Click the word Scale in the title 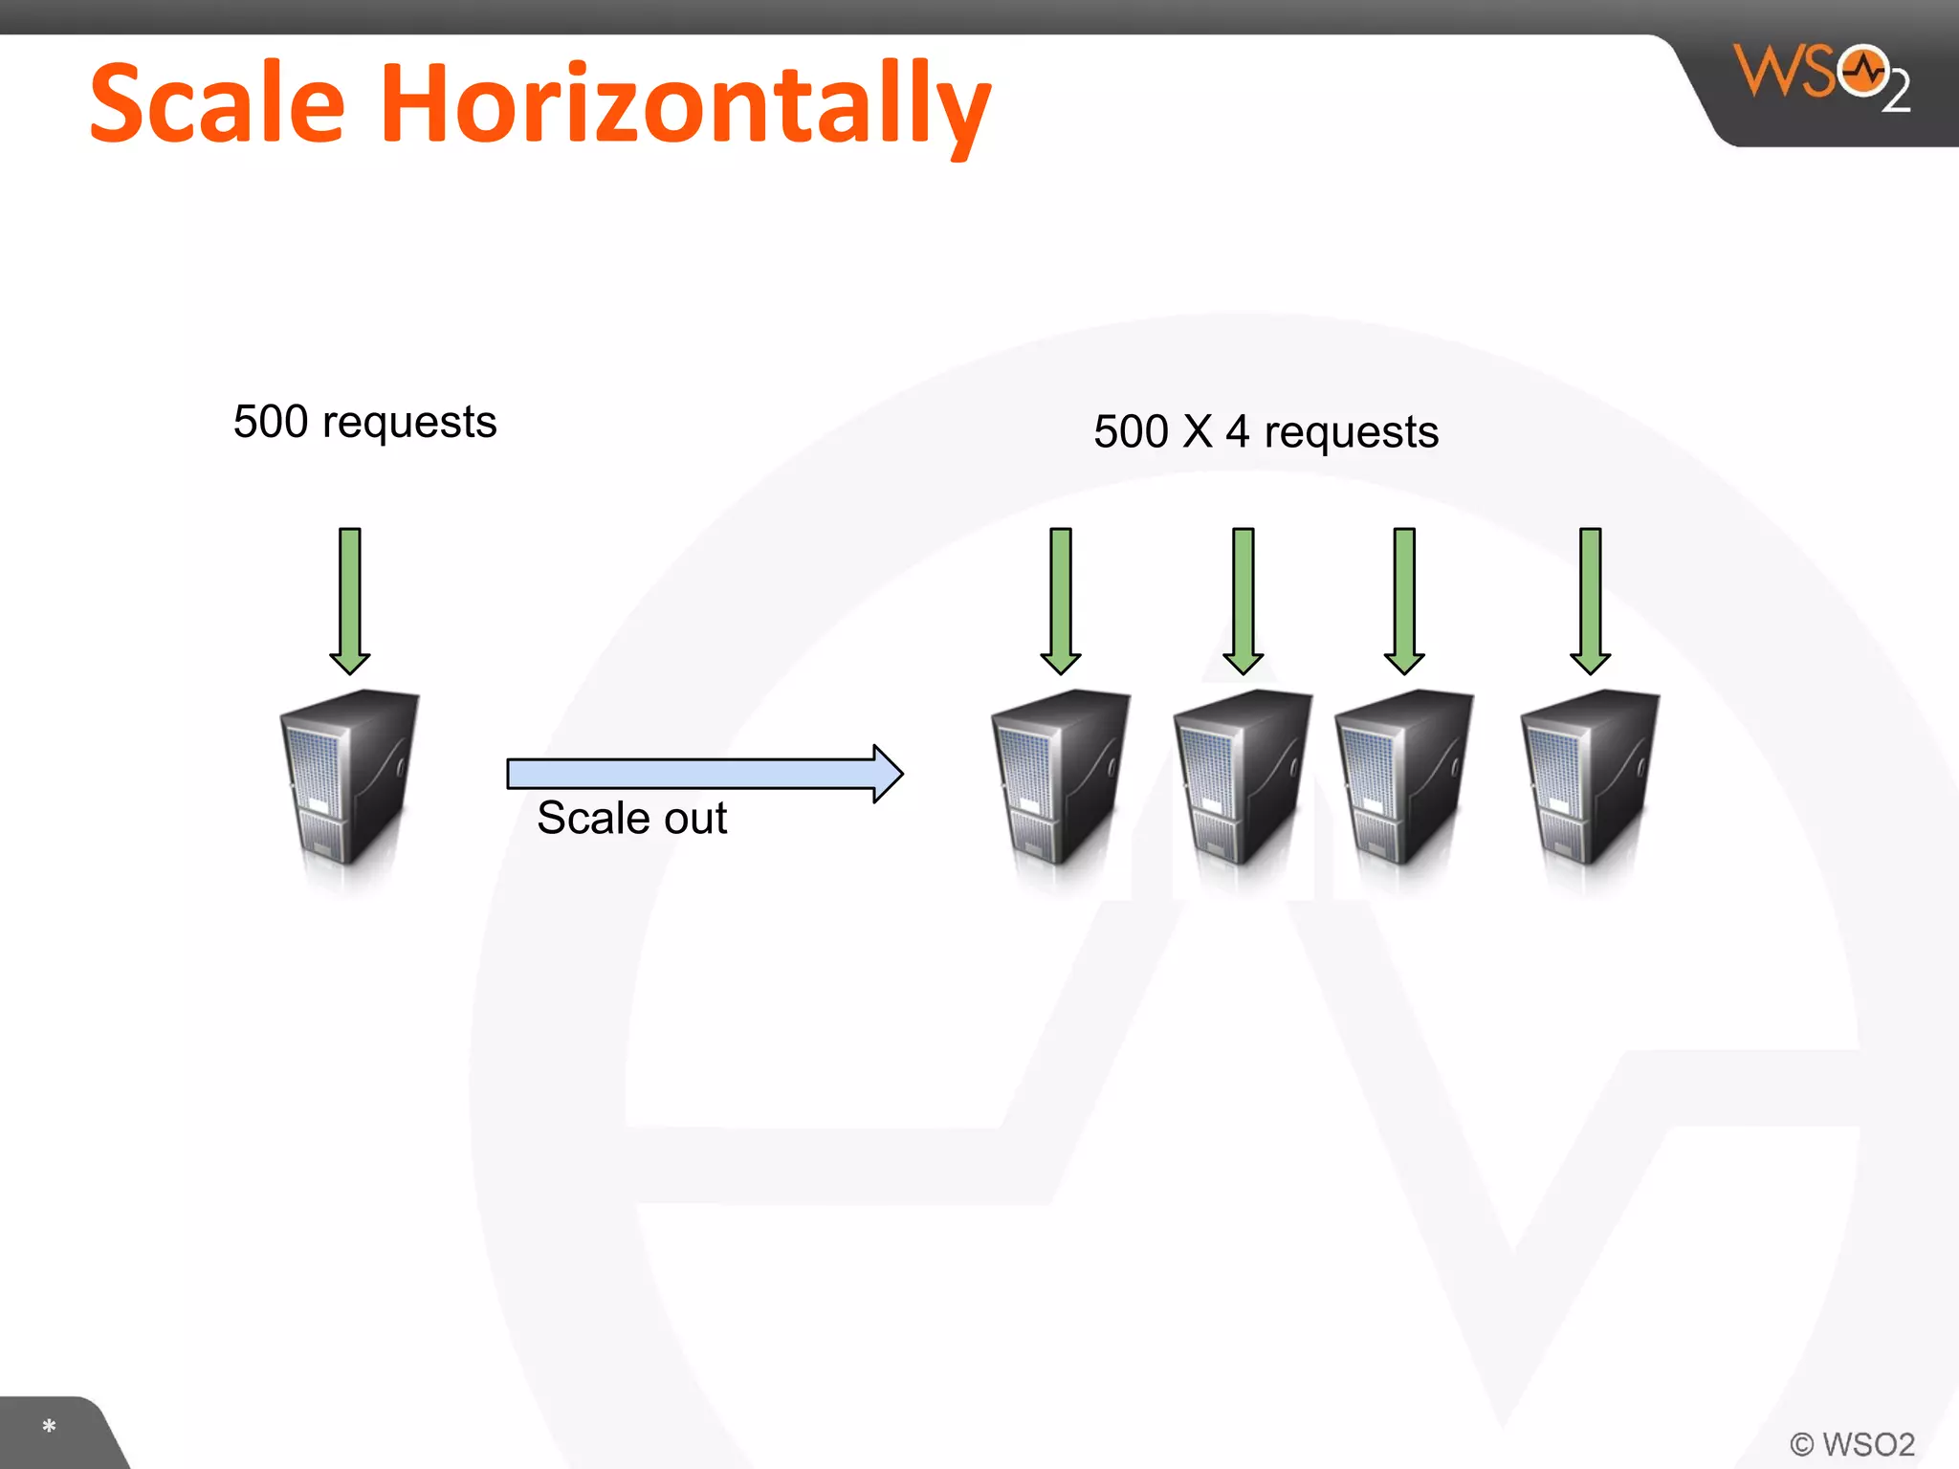pyautogui.click(x=217, y=102)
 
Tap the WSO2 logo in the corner pyautogui.click(x=1819, y=77)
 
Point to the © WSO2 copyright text pyautogui.click(x=1852, y=1443)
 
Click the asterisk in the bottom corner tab pyautogui.click(x=49, y=1427)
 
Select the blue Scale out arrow pyautogui.click(x=704, y=773)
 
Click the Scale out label pyautogui.click(x=631, y=819)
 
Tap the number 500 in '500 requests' pyautogui.click(x=271, y=422)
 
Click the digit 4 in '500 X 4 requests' pyautogui.click(x=1237, y=431)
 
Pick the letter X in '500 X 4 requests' pyautogui.click(x=1197, y=431)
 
